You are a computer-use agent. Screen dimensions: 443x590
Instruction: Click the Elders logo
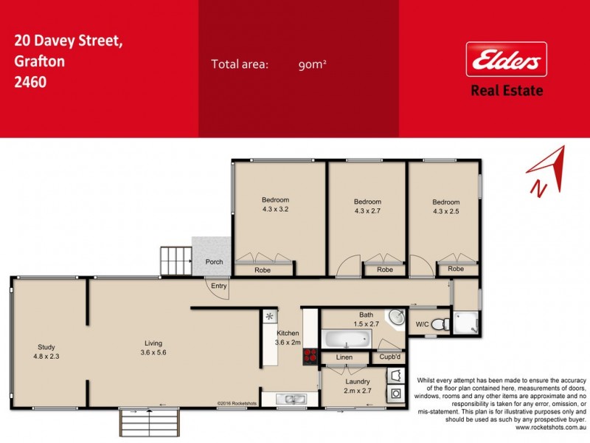click(505, 59)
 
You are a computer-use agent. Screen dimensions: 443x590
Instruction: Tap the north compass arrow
click(548, 172)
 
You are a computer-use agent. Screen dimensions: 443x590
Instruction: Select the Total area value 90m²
click(313, 64)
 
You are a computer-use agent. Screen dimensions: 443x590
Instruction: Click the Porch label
click(215, 261)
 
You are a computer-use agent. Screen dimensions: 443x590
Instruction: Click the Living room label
click(154, 347)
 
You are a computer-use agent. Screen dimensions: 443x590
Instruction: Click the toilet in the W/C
click(441, 323)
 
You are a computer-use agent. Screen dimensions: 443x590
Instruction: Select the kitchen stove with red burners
click(310, 357)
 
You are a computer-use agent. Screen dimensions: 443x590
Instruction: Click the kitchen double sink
click(291, 399)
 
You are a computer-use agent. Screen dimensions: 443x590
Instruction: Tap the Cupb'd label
click(389, 358)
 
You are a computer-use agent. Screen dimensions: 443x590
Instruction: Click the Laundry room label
click(357, 385)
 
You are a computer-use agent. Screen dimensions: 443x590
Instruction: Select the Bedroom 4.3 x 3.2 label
click(276, 205)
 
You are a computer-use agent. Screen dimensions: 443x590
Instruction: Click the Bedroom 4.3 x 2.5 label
click(446, 207)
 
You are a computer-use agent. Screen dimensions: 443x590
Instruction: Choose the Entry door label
click(219, 286)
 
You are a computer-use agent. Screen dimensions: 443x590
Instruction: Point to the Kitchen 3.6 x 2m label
click(288, 337)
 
